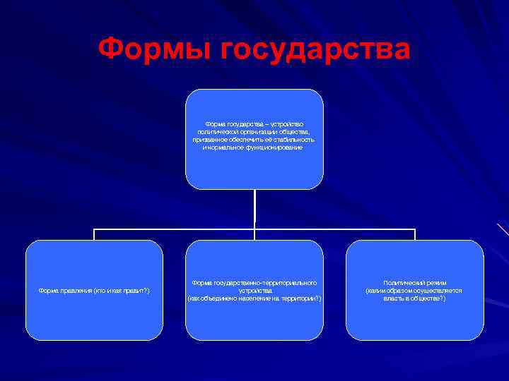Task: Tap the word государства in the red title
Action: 315,50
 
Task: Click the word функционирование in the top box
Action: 269,147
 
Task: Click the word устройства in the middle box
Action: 254,291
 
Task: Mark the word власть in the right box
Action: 394,298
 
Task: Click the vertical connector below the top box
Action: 255,208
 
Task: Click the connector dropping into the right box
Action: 415,234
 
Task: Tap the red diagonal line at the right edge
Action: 503,229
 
